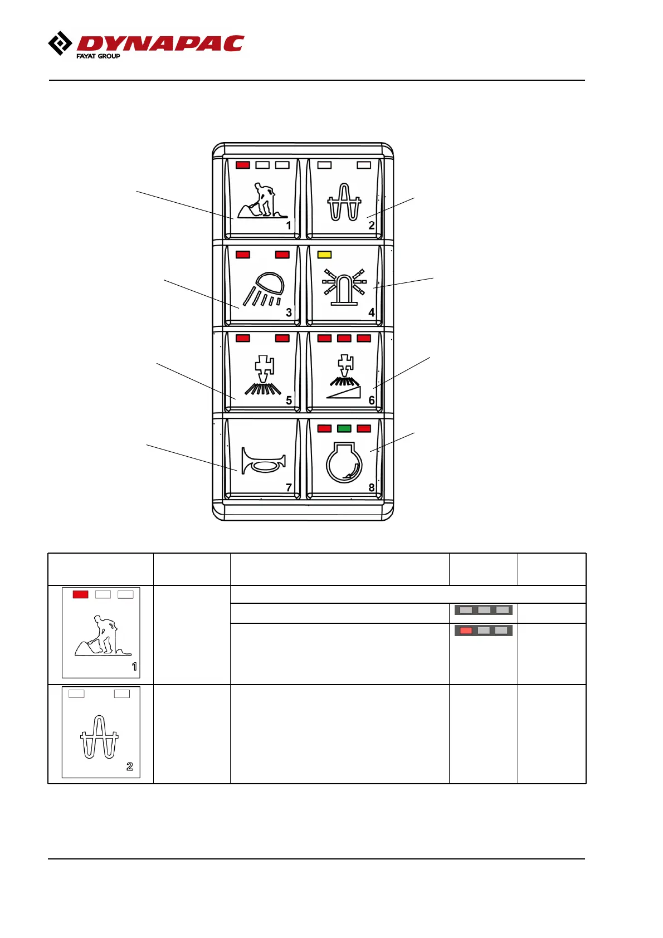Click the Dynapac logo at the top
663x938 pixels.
[146, 45]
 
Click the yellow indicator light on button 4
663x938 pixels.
[324, 255]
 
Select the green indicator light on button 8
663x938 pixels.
[344, 428]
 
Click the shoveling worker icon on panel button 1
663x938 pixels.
[262, 200]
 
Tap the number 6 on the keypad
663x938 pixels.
[372, 400]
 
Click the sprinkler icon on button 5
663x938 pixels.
[264, 376]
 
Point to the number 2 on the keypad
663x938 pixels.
[372, 226]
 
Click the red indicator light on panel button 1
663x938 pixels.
[243, 165]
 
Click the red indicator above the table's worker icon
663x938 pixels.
[81, 594]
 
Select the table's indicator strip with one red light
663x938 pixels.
[484, 631]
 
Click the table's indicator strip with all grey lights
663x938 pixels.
[484, 610]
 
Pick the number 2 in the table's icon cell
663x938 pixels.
[130, 766]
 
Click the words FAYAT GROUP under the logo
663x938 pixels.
[98, 56]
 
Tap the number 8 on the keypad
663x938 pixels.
[372, 487]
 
